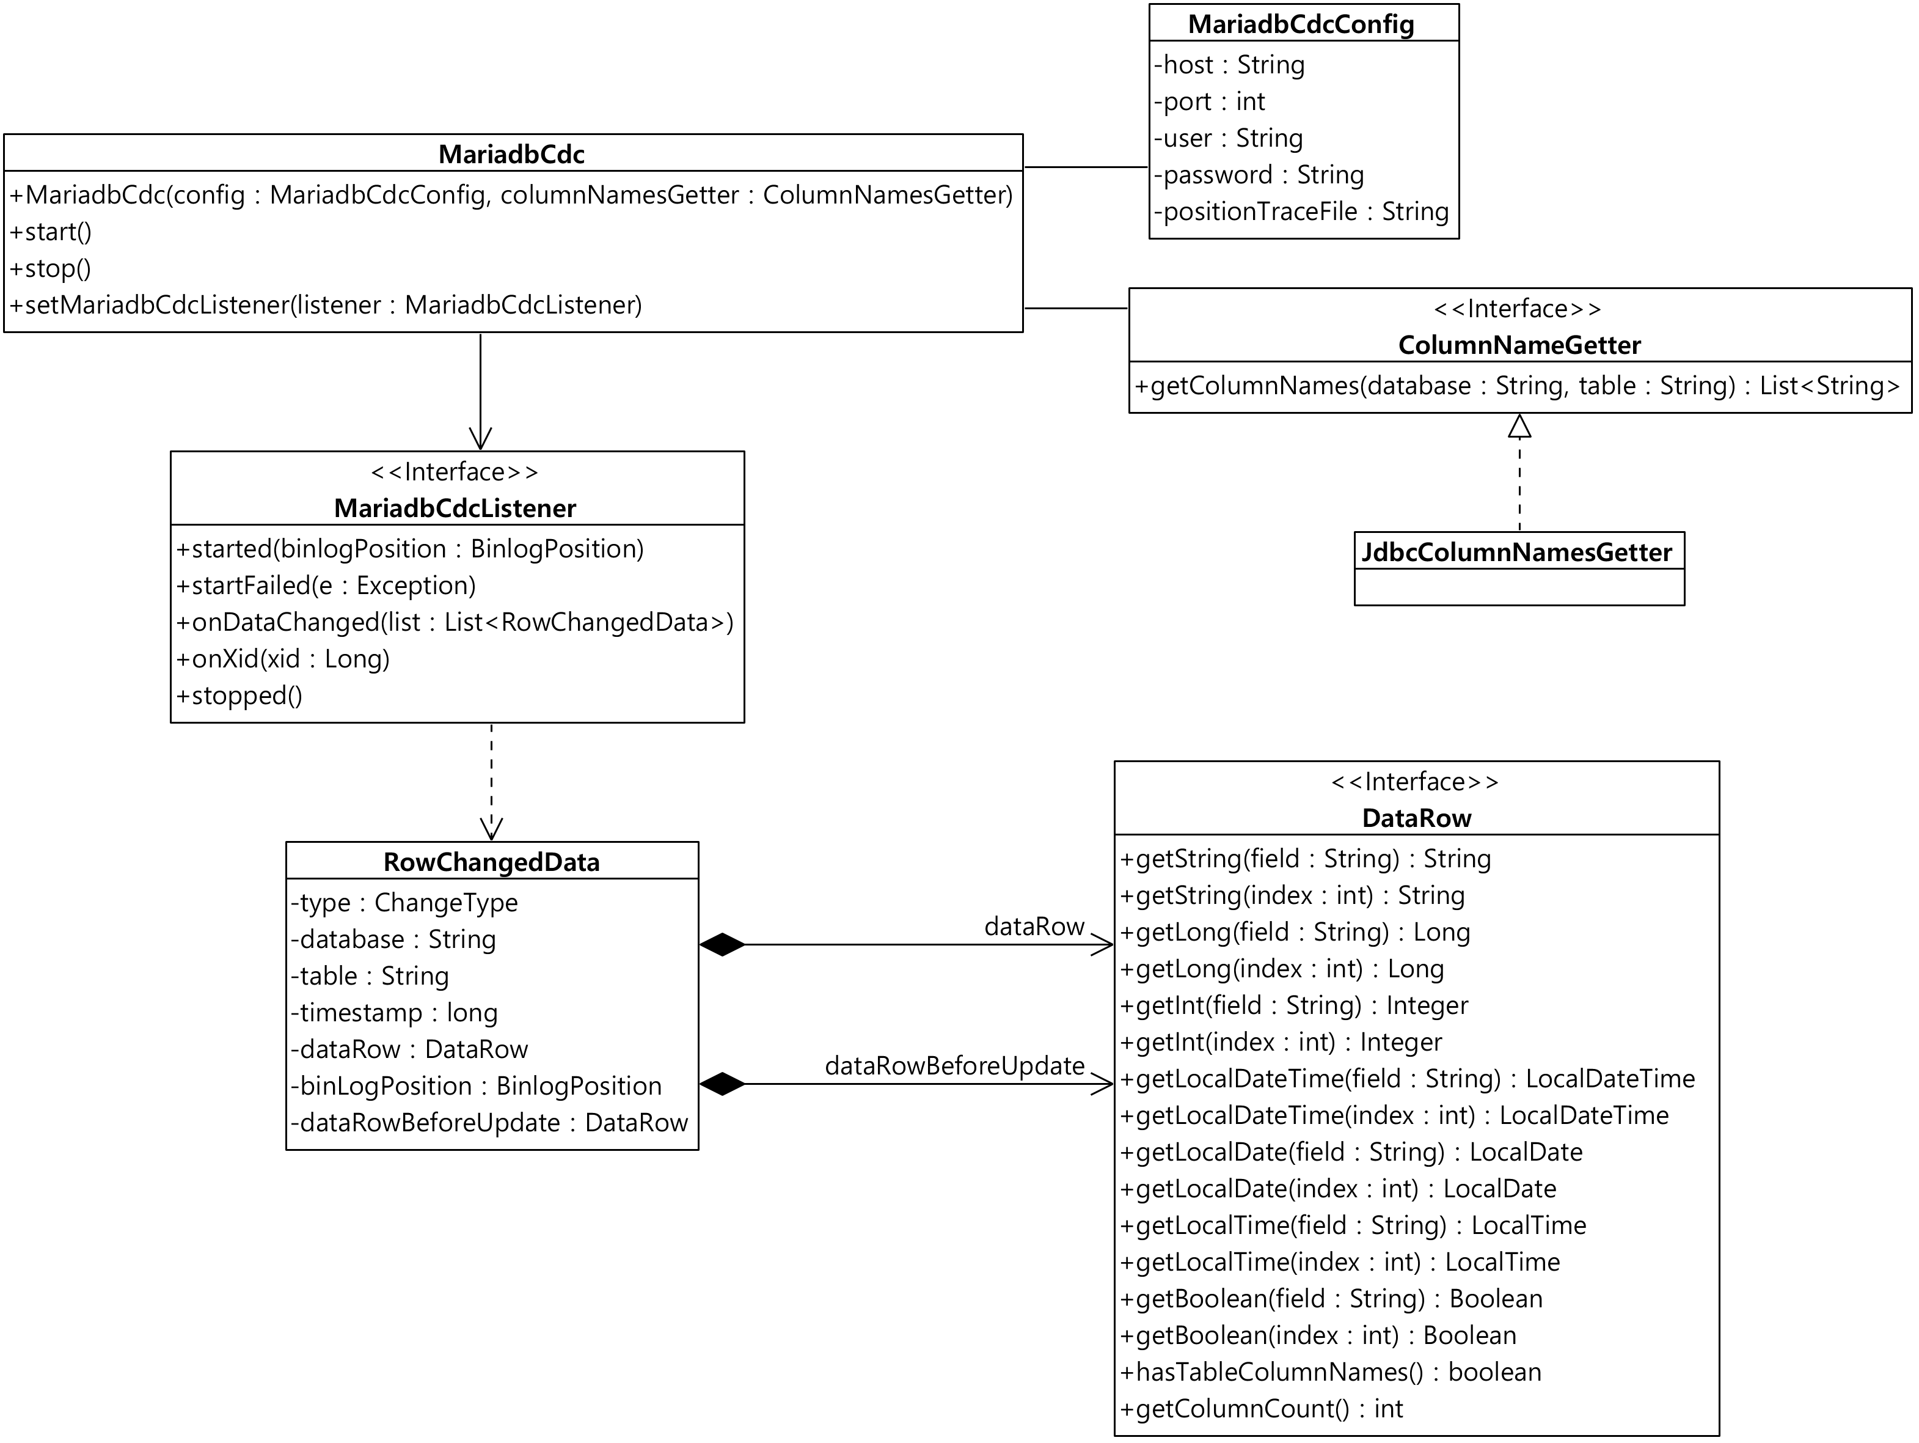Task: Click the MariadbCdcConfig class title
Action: click(x=1301, y=24)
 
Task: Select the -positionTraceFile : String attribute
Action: click(x=1301, y=211)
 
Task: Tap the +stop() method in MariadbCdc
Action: click(x=50, y=269)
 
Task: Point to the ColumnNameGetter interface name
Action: click(x=1519, y=345)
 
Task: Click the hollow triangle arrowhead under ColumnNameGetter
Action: click(x=1519, y=426)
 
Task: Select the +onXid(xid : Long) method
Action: click(x=283, y=659)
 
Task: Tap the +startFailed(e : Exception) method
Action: click(x=326, y=586)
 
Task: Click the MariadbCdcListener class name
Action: click(x=455, y=509)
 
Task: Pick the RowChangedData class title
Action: click(x=491, y=862)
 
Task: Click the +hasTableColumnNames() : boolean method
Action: click(x=1331, y=1373)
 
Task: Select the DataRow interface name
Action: click(x=1417, y=818)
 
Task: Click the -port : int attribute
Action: click(x=1209, y=101)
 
